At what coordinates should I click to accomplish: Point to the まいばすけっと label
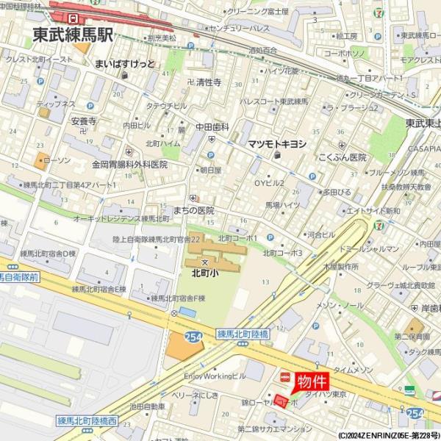point(124,64)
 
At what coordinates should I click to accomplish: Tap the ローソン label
point(57,160)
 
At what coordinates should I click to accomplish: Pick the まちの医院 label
point(196,209)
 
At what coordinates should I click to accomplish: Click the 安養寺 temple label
point(84,121)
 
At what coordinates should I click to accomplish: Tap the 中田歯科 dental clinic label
point(212,126)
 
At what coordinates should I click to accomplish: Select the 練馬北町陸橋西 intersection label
point(86,421)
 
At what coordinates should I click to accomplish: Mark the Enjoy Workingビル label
point(215,376)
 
